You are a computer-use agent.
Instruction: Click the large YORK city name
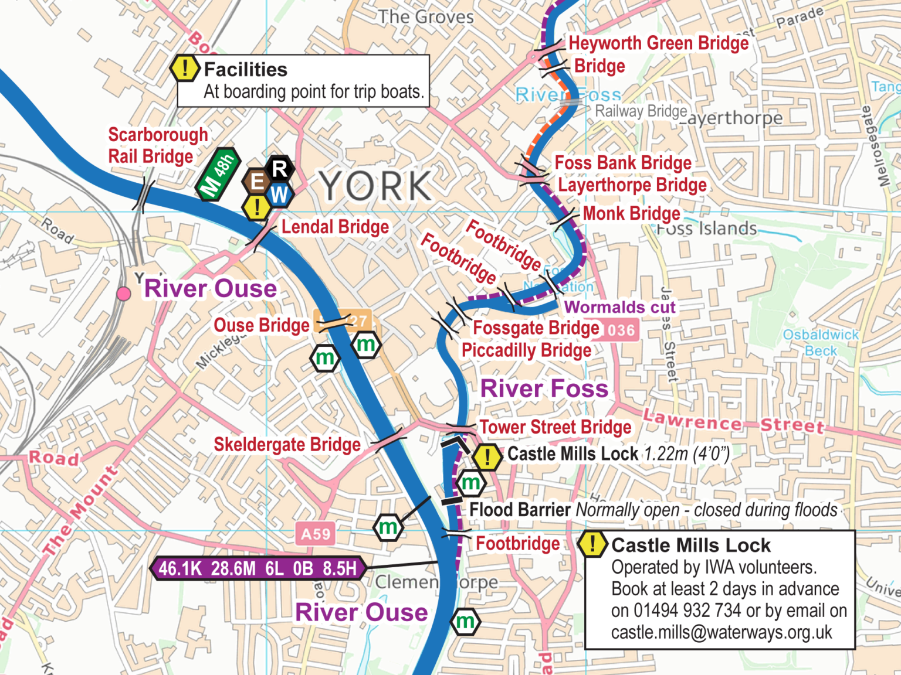coord(376,186)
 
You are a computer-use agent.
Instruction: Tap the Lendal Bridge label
coord(335,227)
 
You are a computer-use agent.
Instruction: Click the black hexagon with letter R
coord(280,169)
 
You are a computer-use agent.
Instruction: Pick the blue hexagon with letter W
coord(280,195)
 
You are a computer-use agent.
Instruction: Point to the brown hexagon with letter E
coord(256,181)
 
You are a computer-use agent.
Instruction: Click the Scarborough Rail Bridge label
coord(157,145)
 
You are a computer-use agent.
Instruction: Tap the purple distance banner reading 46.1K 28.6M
coord(258,568)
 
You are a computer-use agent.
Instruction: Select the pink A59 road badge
coord(316,534)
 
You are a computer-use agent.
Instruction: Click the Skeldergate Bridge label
coord(287,445)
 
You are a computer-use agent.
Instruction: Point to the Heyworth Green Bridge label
coord(658,43)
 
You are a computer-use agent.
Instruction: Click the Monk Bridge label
coord(631,213)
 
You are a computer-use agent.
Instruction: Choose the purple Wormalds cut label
coord(619,307)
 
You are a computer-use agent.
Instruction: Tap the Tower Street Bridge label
coord(555,427)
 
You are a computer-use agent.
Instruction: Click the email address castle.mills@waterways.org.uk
coord(722,633)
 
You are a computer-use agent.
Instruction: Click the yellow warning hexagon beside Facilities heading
coord(185,69)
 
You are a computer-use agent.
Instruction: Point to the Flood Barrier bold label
coord(520,510)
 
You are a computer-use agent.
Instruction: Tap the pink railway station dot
coord(124,294)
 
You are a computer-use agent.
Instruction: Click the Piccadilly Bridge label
coord(526,350)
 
